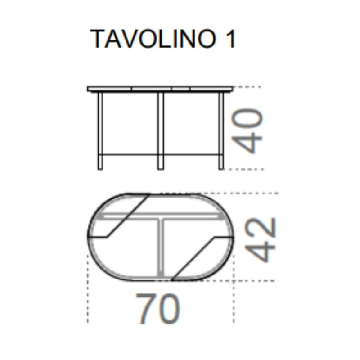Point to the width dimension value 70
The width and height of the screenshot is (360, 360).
pyautogui.click(x=158, y=309)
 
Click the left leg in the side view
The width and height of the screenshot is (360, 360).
pyautogui.click(x=100, y=130)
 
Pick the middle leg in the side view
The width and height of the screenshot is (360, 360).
pyautogui.click(x=160, y=130)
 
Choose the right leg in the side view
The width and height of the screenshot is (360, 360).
pyautogui.click(x=221, y=130)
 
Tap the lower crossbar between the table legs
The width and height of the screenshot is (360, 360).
pyautogui.click(x=130, y=154)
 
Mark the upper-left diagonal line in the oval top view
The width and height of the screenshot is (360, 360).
pyautogui.click(x=128, y=216)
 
